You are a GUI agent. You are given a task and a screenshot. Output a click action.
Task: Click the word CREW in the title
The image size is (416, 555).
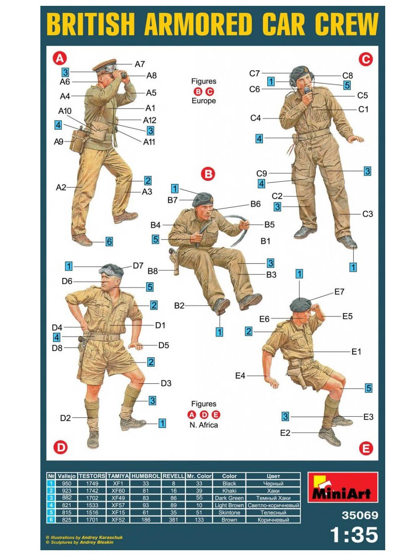[x=346, y=24]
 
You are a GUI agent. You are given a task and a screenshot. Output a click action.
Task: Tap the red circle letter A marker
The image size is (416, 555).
[x=60, y=58]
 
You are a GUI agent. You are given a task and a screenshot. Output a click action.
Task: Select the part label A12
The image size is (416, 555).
[x=150, y=120]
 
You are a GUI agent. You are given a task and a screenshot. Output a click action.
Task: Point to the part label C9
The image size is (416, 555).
[x=261, y=173]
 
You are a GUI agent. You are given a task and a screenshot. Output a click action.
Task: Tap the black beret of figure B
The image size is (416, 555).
[x=202, y=199]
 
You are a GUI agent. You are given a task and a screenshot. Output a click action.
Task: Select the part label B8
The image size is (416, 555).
[x=152, y=271]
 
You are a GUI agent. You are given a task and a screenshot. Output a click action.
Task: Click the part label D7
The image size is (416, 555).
[x=138, y=265]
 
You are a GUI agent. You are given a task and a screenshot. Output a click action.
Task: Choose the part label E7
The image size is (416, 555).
[x=339, y=292]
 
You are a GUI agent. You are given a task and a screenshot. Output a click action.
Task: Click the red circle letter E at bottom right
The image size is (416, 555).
[x=366, y=449]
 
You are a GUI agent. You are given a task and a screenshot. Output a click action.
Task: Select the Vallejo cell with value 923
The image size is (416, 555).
[x=66, y=491]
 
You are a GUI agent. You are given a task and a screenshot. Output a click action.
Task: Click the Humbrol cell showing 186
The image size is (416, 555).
[x=146, y=519]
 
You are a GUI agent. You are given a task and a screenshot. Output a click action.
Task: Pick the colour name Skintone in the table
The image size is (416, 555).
[x=229, y=512]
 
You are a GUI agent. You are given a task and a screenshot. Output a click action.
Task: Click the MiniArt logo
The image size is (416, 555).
[x=343, y=487]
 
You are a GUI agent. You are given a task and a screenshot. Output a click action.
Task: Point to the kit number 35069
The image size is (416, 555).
[x=360, y=515]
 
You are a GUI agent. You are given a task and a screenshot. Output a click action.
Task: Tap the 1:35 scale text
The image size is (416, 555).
[x=354, y=535]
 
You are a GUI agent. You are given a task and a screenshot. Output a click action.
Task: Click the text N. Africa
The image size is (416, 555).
[x=204, y=425]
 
